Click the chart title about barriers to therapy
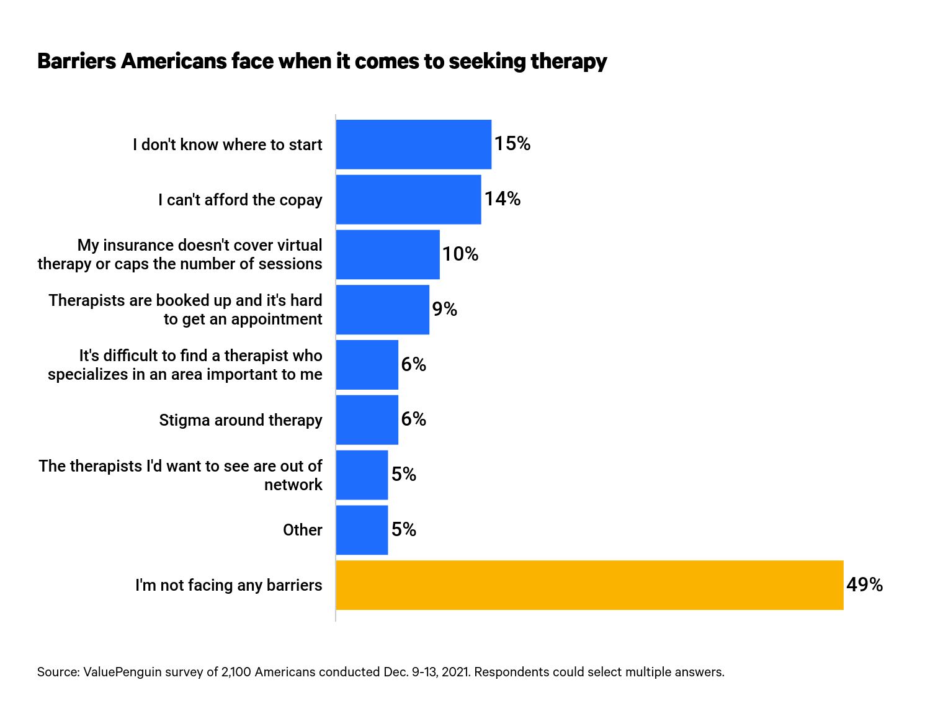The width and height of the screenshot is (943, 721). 322,61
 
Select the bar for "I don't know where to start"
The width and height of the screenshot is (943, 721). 413,145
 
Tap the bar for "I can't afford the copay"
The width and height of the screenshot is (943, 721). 408,200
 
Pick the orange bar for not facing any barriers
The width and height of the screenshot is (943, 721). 589,585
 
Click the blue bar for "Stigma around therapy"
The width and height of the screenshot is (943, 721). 367,420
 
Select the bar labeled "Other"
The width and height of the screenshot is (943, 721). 362,530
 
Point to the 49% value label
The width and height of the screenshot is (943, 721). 864,584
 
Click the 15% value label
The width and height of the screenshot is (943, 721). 512,144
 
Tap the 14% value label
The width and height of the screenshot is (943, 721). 502,199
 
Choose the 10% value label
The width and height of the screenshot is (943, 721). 460,254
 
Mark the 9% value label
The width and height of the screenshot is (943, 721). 444,309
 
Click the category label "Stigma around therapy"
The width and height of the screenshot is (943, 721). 240,420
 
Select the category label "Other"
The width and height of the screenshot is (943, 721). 302,530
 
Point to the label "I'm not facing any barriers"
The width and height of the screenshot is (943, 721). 228,585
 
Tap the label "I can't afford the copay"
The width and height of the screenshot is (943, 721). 240,200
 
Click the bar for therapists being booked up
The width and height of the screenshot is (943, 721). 382,310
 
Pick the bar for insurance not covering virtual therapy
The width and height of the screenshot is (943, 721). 388,254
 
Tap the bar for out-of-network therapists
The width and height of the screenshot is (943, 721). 362,475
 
